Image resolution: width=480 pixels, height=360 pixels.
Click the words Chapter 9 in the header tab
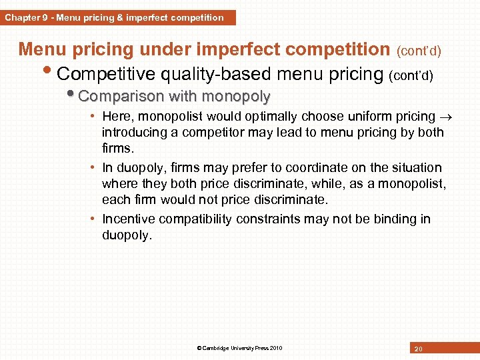25,18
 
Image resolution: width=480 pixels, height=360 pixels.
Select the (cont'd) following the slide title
419,51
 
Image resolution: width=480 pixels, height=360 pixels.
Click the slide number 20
418,349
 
